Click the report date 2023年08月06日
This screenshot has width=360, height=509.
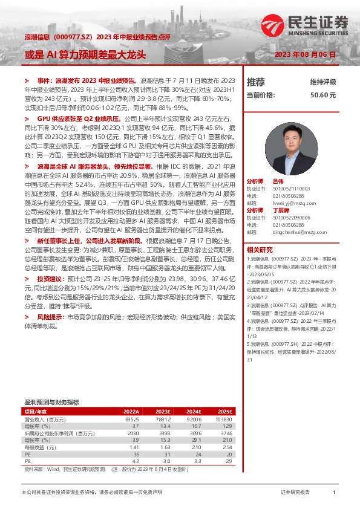[x=305, y=54]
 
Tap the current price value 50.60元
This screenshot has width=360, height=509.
[x=323, y=95]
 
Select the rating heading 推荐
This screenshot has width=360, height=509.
[x=256, y=82]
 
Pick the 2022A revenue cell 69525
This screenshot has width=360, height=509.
[x=131, y=418]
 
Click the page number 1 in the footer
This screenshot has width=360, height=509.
[x=334, y=493]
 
